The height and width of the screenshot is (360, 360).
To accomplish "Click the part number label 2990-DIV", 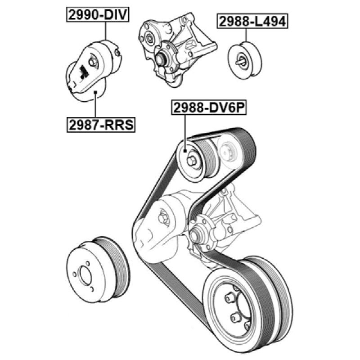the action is tap(98, 14).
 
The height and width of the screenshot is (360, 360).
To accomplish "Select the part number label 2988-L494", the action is tap(252, 21).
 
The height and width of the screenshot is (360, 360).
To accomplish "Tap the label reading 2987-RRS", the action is tap(101, 125).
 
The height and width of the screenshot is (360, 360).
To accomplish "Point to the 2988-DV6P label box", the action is tap(209, 107).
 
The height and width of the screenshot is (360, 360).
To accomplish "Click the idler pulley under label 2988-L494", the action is tap(245, 60).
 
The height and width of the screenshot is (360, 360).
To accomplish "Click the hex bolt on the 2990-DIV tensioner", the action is tap(93, 62).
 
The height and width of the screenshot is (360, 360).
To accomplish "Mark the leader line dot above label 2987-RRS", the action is tap(95, 92).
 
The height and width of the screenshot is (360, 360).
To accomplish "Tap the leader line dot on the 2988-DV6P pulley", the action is tap(185, 151).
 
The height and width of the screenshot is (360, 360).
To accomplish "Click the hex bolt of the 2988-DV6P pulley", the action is tap(192, 161).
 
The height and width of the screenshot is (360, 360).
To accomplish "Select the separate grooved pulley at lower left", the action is tap(98, 270).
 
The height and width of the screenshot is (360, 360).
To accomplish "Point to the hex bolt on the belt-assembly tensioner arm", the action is tap(163, 217).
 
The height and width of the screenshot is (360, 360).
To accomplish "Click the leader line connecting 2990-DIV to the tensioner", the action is tap(106, 31).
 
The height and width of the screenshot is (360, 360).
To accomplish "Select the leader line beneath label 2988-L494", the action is tap(246, 35).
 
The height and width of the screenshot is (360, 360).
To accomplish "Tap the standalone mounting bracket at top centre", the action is tap(177, 49).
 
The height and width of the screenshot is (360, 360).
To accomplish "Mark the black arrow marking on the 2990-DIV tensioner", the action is tap(83, 72).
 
